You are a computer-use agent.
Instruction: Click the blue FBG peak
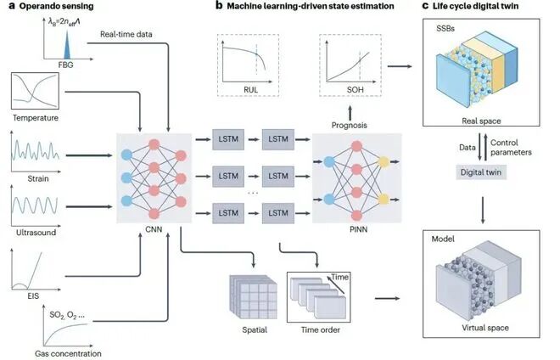[67, 46]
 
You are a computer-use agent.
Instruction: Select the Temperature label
[36, 118]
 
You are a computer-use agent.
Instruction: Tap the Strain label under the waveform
[38, 178]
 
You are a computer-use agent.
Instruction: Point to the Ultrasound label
[36, 233]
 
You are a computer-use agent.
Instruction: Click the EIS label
[33, 295]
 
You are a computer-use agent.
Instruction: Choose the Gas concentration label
[68, 353]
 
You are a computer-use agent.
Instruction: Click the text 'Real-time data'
[126, 34]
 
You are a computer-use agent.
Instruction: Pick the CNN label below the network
[154, 229]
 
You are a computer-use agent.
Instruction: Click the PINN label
[358, 229]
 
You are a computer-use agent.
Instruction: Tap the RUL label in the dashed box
[250, 89]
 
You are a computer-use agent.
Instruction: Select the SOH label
[355, 89]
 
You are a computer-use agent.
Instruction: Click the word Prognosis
[349, 125]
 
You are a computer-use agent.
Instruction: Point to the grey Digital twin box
[481, 172]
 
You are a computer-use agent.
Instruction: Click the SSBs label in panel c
[445, 29]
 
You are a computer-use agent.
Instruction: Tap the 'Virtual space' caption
[485, 328]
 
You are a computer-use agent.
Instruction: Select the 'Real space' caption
[481, 121]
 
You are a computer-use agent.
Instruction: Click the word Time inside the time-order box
[339, 277]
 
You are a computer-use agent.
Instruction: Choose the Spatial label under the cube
[255, 329]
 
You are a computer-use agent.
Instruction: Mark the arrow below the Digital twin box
[483, 211]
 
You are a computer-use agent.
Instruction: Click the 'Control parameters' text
[511, 147]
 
